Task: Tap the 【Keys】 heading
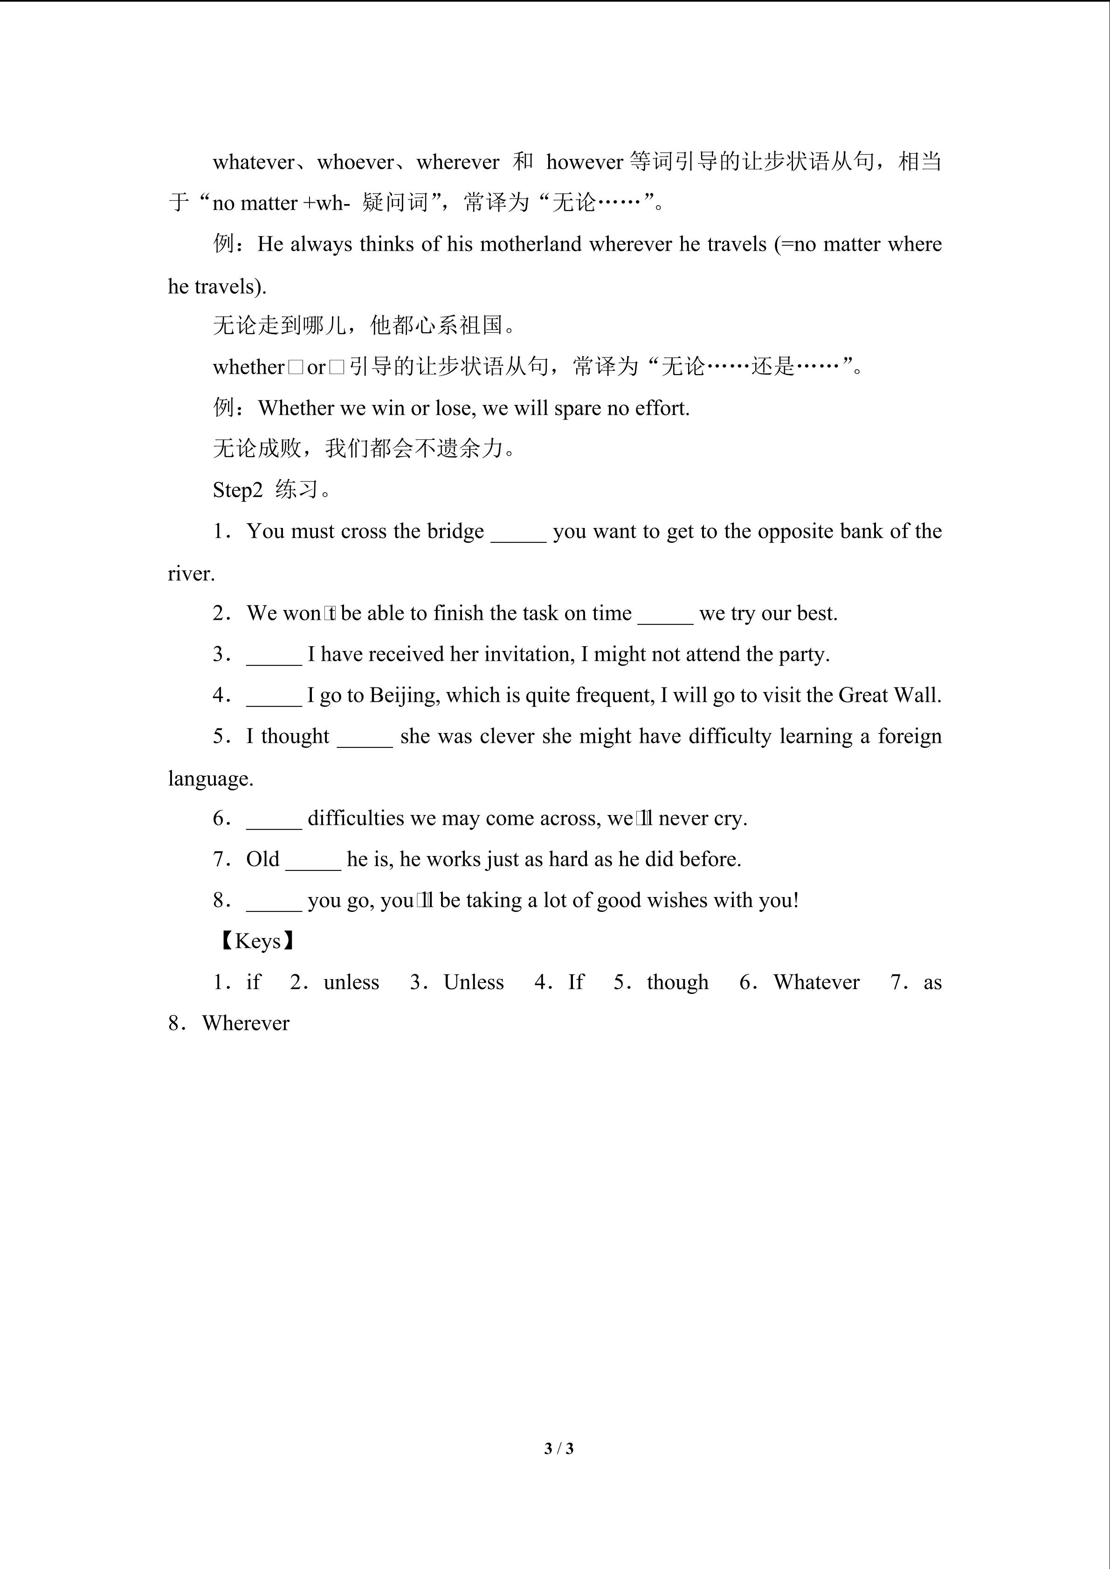[x=257, y=942]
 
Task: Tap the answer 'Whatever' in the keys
[x=816, y=983]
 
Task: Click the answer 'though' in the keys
[x=677, y=983]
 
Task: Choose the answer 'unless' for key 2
[x=352, y=983]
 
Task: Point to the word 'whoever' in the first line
[x=355, y=163]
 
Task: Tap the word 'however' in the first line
[x=585, y=163]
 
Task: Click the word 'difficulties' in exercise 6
[x=355, y=819]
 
